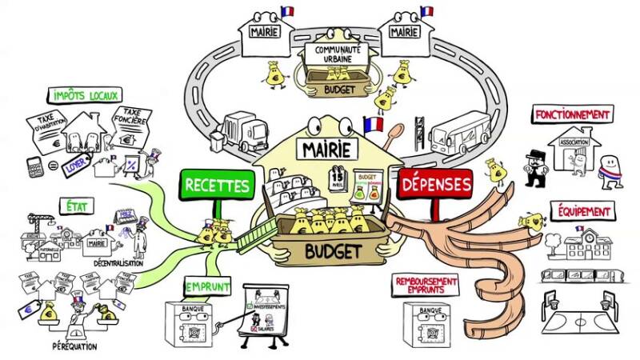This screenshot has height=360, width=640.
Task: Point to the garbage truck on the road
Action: (246, 131)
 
